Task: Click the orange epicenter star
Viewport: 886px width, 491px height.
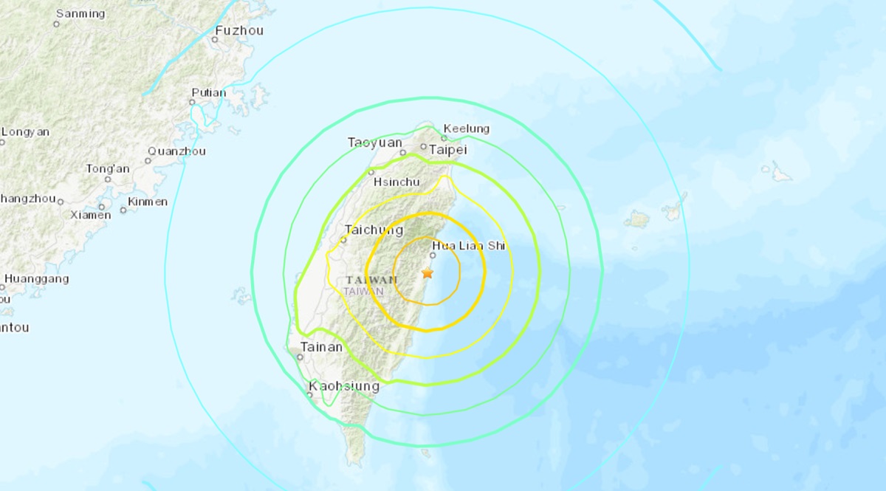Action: click(427, 273)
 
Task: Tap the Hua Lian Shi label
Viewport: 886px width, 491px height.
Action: click(468, 246)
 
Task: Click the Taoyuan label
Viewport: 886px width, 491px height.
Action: click(375, 143)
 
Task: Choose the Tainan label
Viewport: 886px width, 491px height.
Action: click(321, 346)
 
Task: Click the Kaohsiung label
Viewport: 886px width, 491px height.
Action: click(344, 386)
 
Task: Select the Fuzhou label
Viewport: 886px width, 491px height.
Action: click(238, 31)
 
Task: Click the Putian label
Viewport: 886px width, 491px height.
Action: click(209, 93)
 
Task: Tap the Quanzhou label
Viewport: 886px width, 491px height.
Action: click(176, 151)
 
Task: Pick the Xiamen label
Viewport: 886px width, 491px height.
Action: click(91, 215)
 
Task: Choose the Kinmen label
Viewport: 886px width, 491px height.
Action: click(148, 202)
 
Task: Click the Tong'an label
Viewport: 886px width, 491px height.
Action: click(108, 169)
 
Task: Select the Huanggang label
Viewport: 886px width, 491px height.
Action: click(37, 279)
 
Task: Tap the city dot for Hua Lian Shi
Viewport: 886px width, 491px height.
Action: click(433, 255)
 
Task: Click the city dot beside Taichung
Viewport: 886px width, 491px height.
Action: click(343, 239)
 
